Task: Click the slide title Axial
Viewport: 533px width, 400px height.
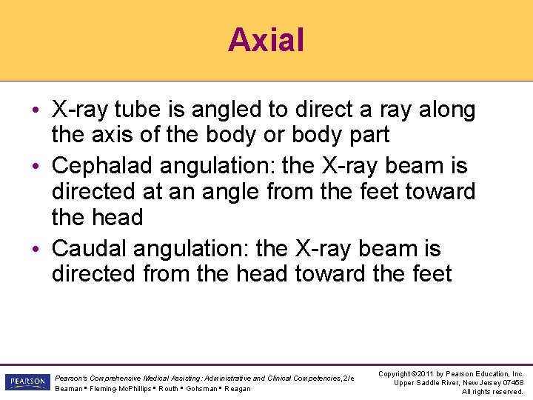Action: pos(266,39)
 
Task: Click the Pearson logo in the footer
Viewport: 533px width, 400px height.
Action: pos(26,382)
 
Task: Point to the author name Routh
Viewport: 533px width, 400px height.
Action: pos(168,389)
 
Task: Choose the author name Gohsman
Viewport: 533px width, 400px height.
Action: pos(202,389)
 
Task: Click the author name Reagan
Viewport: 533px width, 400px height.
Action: pos(238,389)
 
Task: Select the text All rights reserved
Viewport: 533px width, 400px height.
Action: pos(492,392)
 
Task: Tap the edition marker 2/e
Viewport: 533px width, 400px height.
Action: pos(348,379)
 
